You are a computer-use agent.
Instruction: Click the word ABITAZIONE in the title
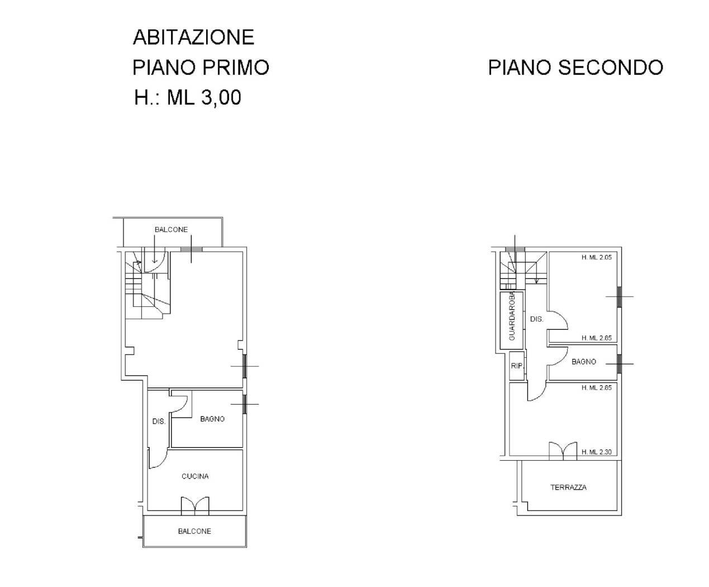193,37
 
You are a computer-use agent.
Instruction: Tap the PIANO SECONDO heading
575,67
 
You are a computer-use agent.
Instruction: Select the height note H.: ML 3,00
188,97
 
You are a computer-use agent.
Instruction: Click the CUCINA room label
195,476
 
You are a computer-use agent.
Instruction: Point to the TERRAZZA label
568,487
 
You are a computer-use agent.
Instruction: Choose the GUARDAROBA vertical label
512,316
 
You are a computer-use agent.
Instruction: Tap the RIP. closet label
517,366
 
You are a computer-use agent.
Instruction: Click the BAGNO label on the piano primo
212,419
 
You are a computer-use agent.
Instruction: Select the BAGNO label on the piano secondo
584,362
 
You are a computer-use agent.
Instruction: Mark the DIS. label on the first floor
159,421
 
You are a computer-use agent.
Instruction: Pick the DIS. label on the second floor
537,319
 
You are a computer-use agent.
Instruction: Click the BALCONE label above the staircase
171,230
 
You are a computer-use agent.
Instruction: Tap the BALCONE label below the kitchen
194,531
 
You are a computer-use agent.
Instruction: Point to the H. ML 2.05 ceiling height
597,257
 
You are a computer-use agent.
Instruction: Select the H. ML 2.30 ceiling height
597,452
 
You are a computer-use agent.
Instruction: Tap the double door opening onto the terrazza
563,451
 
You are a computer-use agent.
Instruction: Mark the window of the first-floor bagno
245,404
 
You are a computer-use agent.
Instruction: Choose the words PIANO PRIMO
201,67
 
